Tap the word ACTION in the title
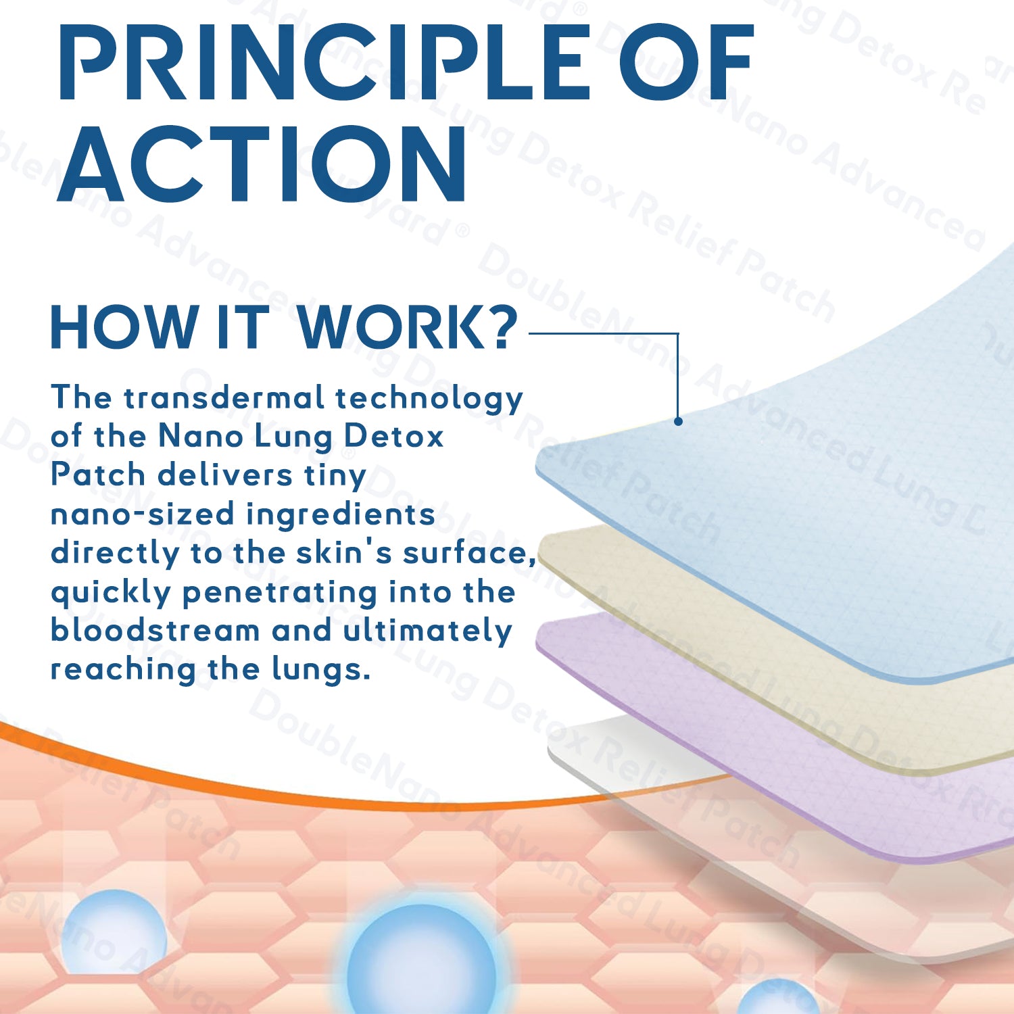[262, 164]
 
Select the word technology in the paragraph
[429, 399]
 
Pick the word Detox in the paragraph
[393, 436]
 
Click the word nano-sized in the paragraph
[142, 514]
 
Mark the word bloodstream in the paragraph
[155, 630]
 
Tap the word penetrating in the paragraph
[280, 593]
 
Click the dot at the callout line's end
[678, 421]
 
